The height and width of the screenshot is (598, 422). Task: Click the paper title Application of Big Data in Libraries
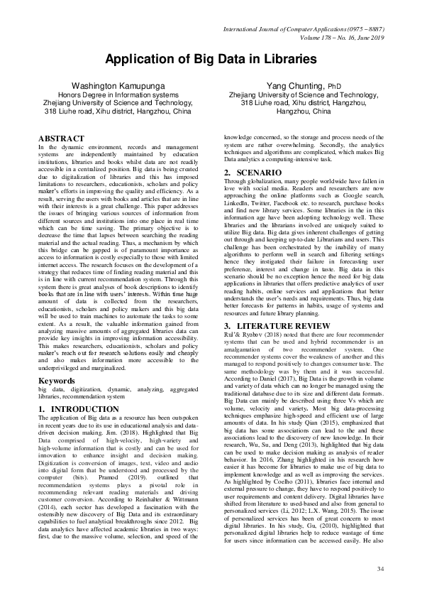(211, 60)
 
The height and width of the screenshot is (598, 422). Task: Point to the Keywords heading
(56, 381)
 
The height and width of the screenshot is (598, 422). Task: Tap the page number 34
(379, 569)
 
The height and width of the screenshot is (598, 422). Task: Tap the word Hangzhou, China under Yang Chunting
(303, 112)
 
